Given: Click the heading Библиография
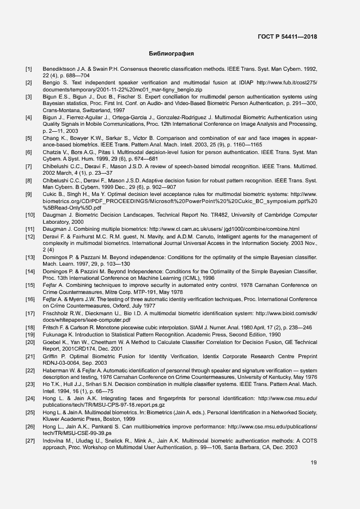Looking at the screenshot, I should [x=172, y=54].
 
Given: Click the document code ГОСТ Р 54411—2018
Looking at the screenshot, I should [x=288, y=37].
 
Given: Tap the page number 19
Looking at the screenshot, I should [x=314, y=463].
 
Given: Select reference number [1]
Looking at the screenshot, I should [x=29, y=69].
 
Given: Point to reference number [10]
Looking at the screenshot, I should [x=30, y=200].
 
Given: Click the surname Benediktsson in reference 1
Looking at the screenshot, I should [x=60, y=69].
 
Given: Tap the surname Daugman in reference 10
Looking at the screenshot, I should [x=56, y=200].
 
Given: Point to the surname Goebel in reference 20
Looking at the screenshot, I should [x=53, y=342].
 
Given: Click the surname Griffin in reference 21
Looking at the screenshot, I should [x=51, y=355].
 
